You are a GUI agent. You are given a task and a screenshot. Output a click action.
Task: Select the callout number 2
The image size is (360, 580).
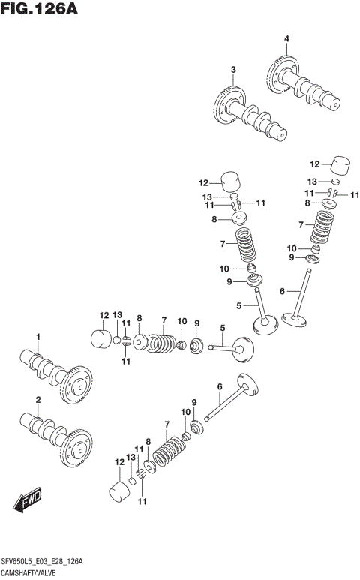tap(37, 399)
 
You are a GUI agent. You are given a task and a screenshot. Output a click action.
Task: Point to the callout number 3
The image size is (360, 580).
tap(233, 70)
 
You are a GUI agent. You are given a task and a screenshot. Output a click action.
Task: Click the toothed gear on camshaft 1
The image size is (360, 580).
tap(76, 386)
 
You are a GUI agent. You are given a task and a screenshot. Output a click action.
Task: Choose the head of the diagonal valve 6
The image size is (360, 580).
tap(249, 384)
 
